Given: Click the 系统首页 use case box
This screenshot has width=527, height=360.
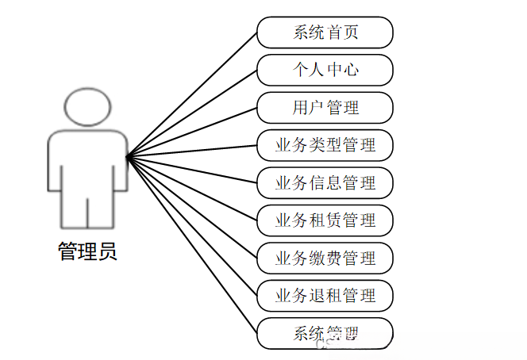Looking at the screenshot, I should [x=325, y=33].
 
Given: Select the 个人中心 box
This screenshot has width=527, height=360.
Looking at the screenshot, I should [x=325, y=70].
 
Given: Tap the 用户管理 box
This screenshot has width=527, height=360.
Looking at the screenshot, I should [x=325, y=108].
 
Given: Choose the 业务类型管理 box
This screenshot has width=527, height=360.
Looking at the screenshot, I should [x=325, y=145].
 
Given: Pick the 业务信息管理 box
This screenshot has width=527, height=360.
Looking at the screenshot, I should [x=325, y=183].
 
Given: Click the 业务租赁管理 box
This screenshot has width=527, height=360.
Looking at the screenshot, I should [x=325, y=220].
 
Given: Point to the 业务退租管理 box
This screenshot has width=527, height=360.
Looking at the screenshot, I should [x=325, y=296].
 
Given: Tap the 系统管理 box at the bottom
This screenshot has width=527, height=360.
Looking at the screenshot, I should [x=325, y=333].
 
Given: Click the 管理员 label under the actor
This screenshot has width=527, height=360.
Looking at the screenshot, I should [x=87, y=252].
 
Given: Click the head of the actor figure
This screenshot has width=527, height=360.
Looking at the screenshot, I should [x=87, y=106].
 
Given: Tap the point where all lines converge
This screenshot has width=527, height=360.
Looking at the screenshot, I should [x=128, y=155].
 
